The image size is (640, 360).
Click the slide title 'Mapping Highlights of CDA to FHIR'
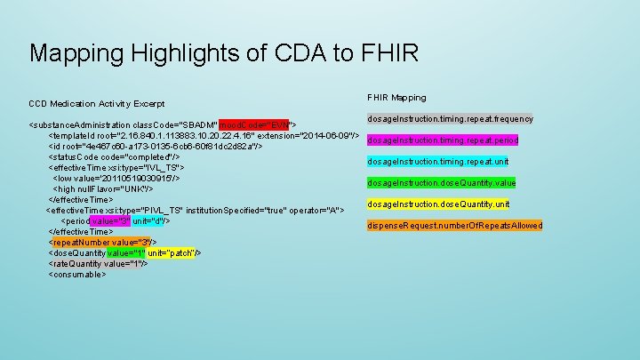point(223,52)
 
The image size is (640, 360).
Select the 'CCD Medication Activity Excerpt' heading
point(97,104)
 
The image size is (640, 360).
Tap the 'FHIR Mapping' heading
point(396,97)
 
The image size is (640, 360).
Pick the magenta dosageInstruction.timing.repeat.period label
point(443,140)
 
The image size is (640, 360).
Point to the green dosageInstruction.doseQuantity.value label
point(441,183)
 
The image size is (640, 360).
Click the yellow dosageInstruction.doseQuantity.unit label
point(439,204)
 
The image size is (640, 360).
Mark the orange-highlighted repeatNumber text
point(78,242)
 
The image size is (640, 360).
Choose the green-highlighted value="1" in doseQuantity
point(125,252)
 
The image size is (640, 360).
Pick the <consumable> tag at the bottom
point(81,274)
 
